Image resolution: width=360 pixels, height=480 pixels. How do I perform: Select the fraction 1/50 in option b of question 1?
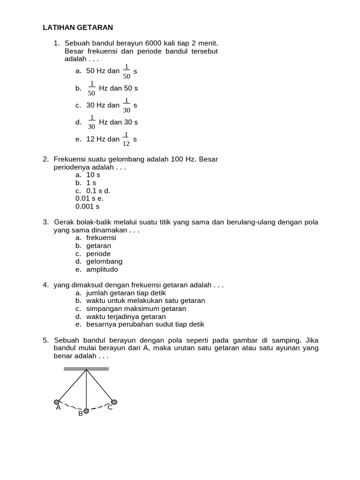pos(91,88)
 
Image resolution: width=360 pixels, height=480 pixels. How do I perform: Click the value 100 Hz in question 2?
pos(183,159)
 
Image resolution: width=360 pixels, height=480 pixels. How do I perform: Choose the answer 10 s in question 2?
pos(93,175)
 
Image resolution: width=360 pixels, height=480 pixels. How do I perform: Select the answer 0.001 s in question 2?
pos(87,206)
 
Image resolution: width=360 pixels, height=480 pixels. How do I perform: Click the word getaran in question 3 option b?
pos(99,246)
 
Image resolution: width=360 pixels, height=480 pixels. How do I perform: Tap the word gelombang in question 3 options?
pos(104,262)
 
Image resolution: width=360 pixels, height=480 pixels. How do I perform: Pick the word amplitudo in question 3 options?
pos(102,270)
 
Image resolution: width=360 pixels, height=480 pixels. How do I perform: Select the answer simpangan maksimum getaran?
pos(136,308)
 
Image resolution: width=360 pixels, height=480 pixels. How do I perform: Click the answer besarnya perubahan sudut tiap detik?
pos(145,324)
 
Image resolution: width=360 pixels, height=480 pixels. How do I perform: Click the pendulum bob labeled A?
pos(57,402)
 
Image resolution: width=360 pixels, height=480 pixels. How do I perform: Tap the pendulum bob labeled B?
pos(86,411)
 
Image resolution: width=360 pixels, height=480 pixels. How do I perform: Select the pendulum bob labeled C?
pos(114,402)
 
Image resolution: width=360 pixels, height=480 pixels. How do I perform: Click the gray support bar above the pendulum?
pos(86,369)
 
